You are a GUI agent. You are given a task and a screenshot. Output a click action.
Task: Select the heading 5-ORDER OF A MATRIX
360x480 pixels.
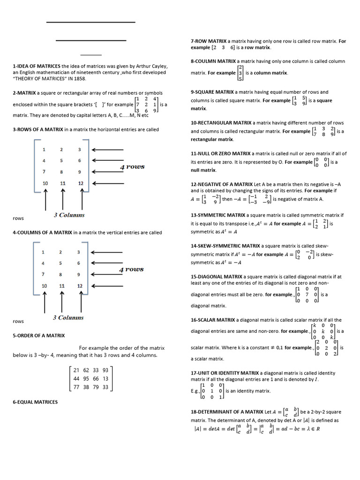38,336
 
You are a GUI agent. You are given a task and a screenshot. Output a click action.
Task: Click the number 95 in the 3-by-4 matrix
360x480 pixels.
86,379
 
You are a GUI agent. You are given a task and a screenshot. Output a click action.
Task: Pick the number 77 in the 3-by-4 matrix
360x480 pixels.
76,387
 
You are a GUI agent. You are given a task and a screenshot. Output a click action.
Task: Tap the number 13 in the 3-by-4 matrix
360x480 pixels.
105,379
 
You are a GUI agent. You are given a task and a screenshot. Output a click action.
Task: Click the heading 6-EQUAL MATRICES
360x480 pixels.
35,402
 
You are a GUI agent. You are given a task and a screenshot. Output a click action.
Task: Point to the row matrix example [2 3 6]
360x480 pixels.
223,48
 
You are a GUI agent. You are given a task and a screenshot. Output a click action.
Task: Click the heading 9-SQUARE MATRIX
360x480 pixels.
212,92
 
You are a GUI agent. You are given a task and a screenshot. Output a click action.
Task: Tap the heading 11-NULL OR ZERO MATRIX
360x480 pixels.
221,153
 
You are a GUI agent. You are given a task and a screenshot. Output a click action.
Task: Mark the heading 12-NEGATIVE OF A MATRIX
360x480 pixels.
222,184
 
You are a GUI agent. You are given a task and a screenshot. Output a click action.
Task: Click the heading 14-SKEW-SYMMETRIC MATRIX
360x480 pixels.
225,246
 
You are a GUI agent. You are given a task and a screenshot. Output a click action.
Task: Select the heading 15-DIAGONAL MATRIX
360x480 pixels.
217,277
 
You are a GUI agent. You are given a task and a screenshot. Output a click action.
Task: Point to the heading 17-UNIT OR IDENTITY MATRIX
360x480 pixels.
225,373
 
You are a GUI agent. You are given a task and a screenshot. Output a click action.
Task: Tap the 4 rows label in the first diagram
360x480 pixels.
132,167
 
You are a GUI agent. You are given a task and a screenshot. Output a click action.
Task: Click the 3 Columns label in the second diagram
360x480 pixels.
68,318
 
